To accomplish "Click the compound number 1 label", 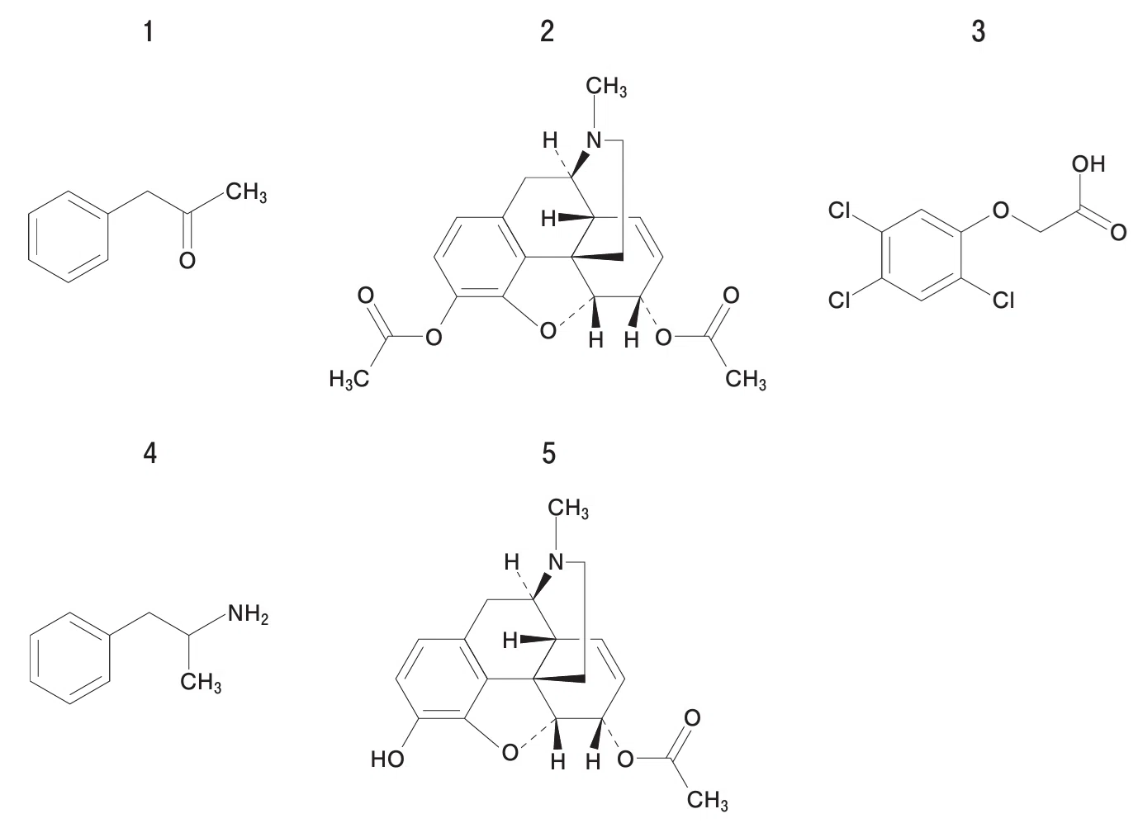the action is pos(149,31).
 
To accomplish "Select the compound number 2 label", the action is pos(548,31).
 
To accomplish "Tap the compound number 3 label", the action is pos(978,31).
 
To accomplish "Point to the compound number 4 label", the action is pos(149,452).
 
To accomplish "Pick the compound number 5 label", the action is pos(548,452).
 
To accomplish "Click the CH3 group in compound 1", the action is pos(246,192).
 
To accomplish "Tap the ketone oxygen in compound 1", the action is pos(187,260).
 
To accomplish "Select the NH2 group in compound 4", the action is pos(248,613).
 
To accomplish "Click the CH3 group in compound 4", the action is pos(201,682).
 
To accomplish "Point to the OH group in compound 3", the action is pos(1088,164).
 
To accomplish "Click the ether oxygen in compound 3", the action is pos(1000,211).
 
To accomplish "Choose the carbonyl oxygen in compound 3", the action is pos(1118,233).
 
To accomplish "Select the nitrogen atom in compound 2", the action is pos(594,140).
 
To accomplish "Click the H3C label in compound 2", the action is pos(349,379).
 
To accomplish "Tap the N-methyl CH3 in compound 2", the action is pos(606,87).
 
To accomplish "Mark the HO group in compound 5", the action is pos(387,759).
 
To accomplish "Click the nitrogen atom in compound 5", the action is pos(556,562).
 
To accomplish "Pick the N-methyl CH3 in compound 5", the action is pos(568,509).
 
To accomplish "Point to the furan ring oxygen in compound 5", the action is pos(510,752).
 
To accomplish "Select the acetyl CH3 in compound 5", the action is pos(707,800).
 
